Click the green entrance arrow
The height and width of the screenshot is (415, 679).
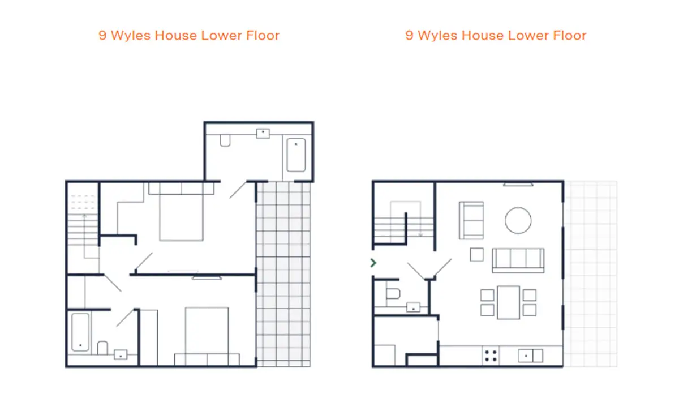pos(373,263)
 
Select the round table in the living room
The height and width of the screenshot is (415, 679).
pos(518,221)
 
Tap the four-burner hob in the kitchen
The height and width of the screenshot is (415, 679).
pos(491,356)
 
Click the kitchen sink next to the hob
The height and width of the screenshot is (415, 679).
pos(531,356)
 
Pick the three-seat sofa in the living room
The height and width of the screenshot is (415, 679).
pos(518,260)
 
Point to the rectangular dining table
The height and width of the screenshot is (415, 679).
pos(508,302)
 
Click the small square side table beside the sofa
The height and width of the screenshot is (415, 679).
pos(476,255)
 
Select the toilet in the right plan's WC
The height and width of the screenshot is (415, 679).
pos(393,293)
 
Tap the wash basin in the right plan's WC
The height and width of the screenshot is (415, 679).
pos(413,307)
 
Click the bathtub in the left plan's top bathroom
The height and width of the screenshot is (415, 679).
pos(296,155)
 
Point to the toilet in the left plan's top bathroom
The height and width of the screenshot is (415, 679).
pos(225,140)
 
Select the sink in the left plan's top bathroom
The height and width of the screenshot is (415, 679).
pos(263,134)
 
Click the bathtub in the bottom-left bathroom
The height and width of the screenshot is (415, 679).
pos(80,332)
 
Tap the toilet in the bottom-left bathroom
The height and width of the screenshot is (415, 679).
pos(102,348)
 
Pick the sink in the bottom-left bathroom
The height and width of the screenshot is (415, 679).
pos(121,354)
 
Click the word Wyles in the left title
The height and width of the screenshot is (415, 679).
pos(131,36)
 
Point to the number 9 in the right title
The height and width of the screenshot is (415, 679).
pos(409,36)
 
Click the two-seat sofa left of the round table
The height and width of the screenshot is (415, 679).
pos(471,221)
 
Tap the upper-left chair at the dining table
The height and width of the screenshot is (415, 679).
pos(487,295)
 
